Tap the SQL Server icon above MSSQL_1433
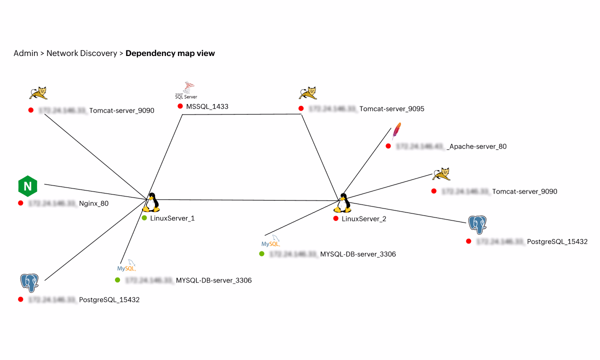click(186, 90)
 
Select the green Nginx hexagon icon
click(27, 186)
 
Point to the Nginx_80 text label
click(93, 203)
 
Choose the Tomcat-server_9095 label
click(391, 108)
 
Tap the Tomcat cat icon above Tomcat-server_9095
click(307, 93)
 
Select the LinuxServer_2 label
click(363, 218)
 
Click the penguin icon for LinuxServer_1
click(151, 202)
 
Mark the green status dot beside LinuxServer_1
click(144, 218)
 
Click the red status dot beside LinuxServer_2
click(336, 218)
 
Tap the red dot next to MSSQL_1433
click(180, 106)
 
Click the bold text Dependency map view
click(170, 53)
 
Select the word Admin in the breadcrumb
click(25, 53)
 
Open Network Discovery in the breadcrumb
click(81, 53)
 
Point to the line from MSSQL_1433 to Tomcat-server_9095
click(242, 114)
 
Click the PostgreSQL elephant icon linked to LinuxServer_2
click(477, 225)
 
